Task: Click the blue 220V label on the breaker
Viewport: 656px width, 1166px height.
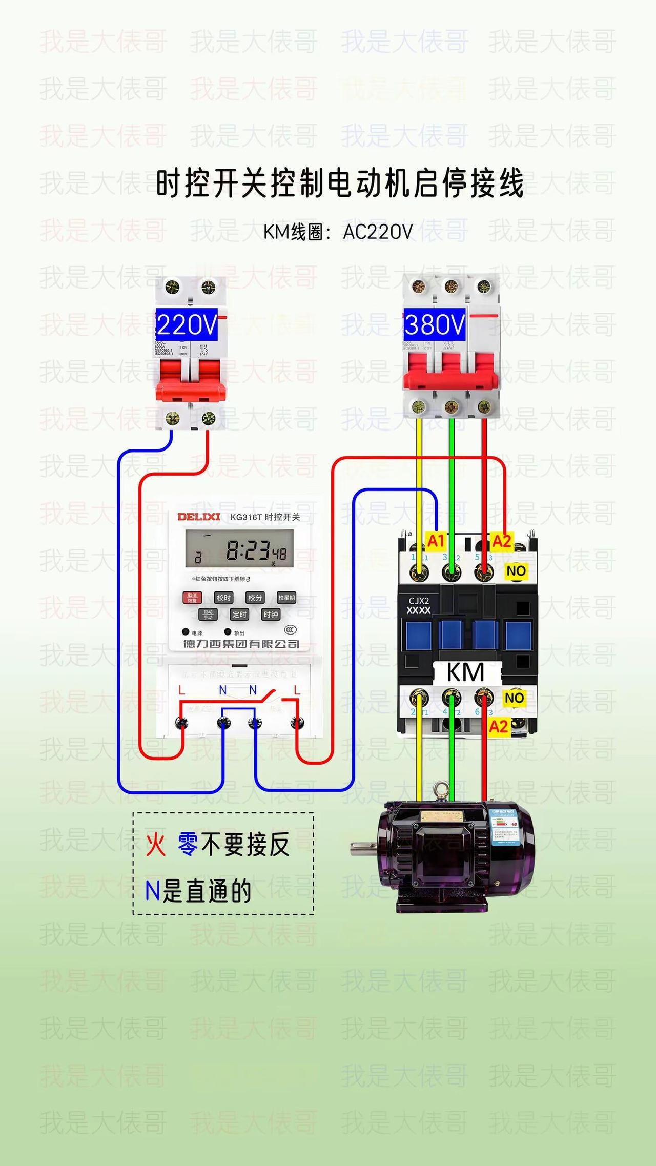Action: pos(187,325)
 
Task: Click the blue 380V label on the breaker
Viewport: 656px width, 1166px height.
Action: pos(435,325)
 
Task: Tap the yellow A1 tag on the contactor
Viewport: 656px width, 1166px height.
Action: pos(436,541)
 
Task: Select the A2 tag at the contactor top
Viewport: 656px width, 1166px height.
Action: pos(502,541)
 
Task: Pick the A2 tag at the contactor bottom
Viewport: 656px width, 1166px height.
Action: pos(498,726)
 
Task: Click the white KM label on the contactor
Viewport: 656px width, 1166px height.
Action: pos(465,672)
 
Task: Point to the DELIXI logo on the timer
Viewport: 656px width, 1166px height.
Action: pos(199,517)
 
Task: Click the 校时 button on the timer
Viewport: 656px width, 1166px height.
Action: pos(223,598)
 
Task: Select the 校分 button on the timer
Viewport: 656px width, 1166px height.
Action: pos(255,598)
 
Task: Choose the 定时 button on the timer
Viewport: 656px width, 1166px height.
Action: pos(239,615)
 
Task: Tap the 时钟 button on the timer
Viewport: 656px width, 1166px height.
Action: pos(271,615)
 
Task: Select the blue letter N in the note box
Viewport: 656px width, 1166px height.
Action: pos(153,891)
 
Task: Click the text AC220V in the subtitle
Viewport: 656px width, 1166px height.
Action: pos(378,232)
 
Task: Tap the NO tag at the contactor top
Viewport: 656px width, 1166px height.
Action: pos(516,570)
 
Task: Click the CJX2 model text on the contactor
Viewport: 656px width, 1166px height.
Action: pos(419,601)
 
